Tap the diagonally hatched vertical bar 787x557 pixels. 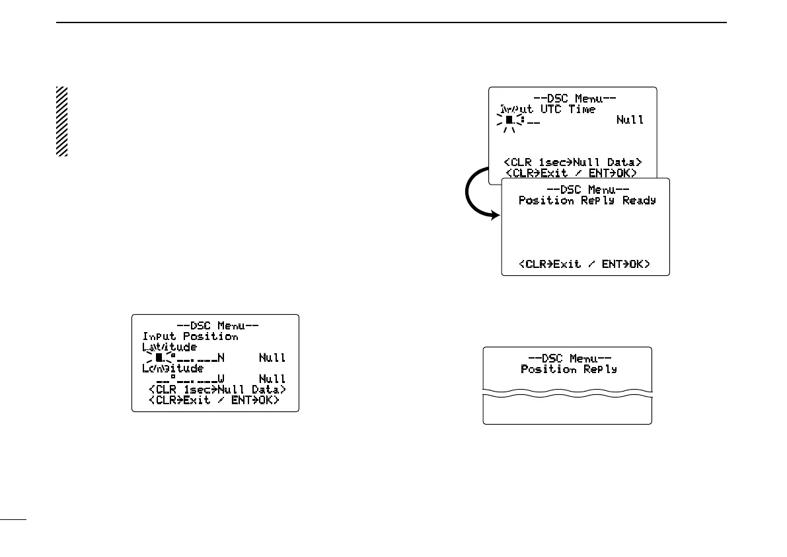tap(61, 121)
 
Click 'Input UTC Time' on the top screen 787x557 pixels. tap(547, 109)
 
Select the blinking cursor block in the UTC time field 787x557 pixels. tap(509, 120)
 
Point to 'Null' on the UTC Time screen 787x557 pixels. tap(630, 120)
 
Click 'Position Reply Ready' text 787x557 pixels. tap(587, 200)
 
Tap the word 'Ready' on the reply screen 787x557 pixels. tap(639, 200)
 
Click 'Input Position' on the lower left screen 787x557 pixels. tap(190, 336)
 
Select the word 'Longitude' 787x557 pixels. tap(172, 368)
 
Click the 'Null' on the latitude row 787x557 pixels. tap(272, 358)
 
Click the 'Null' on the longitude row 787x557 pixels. tap(272, 379)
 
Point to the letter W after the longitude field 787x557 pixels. tap(221, 379)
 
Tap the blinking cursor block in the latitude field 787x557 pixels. tap(159, 358)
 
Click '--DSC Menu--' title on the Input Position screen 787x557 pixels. tap(217, 325)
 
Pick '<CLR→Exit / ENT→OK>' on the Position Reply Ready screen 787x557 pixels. tap(585, 264)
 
